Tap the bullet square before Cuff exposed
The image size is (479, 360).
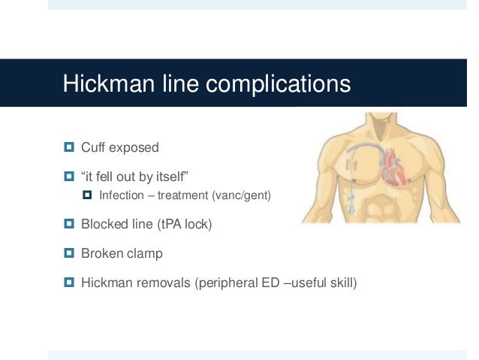[x=69, y=146]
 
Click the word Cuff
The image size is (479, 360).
[x=94, y=146]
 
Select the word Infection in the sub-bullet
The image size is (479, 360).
[x=123, y=196]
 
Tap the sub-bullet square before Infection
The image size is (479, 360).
[x=87, y=196]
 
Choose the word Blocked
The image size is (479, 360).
[x=104, y=223]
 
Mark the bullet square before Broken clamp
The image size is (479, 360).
[x=69, y=253]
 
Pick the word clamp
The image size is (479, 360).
[x=145, y=253]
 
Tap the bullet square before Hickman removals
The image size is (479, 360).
[x=69, y=283]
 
